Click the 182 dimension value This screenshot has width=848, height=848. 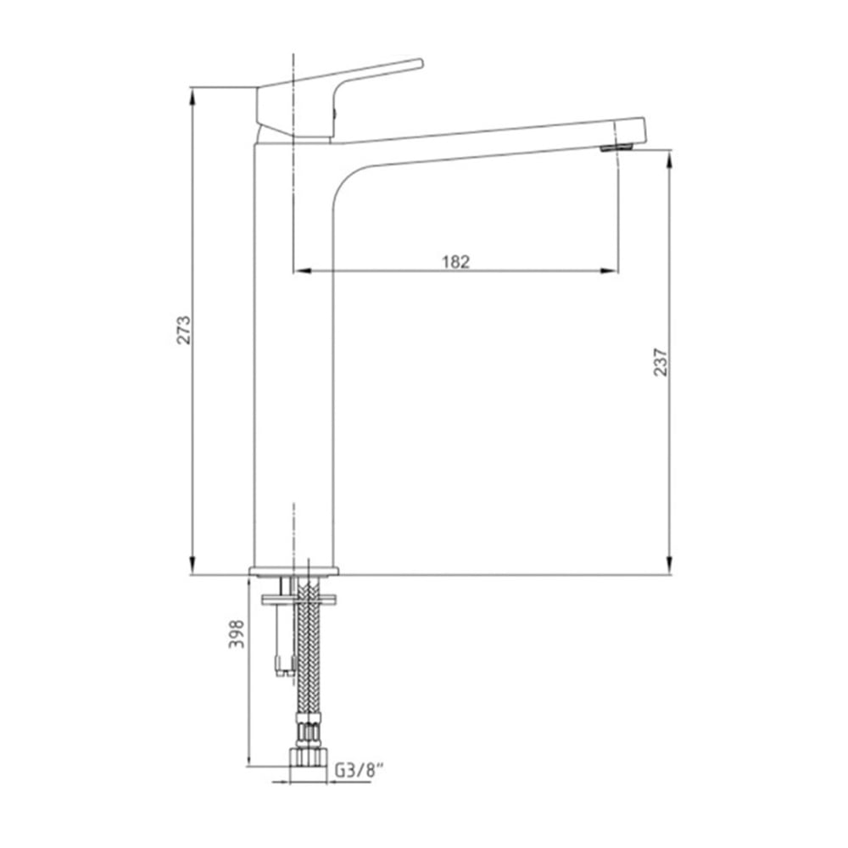pos(456,262)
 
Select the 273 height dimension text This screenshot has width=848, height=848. pos(184,330)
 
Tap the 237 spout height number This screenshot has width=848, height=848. pos(661,362)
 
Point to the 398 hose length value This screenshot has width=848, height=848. pos(237,633)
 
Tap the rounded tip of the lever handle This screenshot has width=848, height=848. pos(419,64)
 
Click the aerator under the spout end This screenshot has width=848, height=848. pos(616,148)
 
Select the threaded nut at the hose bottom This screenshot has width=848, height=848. pos(308,757)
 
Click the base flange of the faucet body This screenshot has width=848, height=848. pos(293,571)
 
